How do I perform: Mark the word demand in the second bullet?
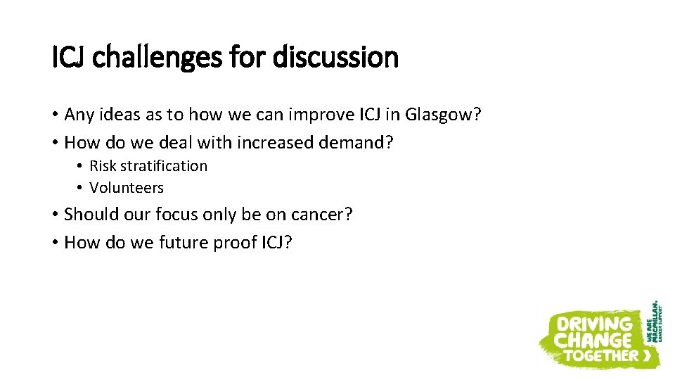[x=352, y=143]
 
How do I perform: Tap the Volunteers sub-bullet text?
[x=127, y=188]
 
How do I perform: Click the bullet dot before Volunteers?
[x=81, y=188]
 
